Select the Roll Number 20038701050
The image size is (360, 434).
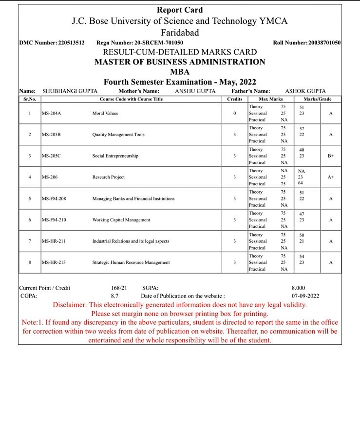pyautogui.click(x=324, y=43)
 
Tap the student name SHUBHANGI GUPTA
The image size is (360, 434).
pyautogui.click(x=70, y=91)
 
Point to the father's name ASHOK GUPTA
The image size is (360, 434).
pyautogui.click(x=305, y=91)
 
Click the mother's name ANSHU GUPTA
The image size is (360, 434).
pyautogui.click(x=195, y=91)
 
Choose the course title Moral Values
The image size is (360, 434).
pyautogui.click(x=105, y=113)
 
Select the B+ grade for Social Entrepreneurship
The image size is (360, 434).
pyautogui.click(x=331, y=156)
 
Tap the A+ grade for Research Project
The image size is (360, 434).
pyautogui.click(x=331, y=177)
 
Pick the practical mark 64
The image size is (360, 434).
pyautogui.click(x=301, y=183)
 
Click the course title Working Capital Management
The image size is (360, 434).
pyautogui.click(x=121, y=220)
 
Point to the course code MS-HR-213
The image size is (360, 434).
pyautogui.click(x=54, y=262)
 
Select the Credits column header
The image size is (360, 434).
pyautogui.click(x=234, y=99)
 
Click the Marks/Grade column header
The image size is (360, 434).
pyautogui.click(x=317, y=99)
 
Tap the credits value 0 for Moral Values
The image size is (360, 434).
pyautogui.click(x=234, y=113)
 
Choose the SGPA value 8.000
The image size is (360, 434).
pyautogui.click(x=299, y=288)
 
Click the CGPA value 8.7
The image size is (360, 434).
pyautogui.click(x=115, y=296)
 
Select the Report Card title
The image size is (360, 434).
pyautogui.click(x=180, y=10)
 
